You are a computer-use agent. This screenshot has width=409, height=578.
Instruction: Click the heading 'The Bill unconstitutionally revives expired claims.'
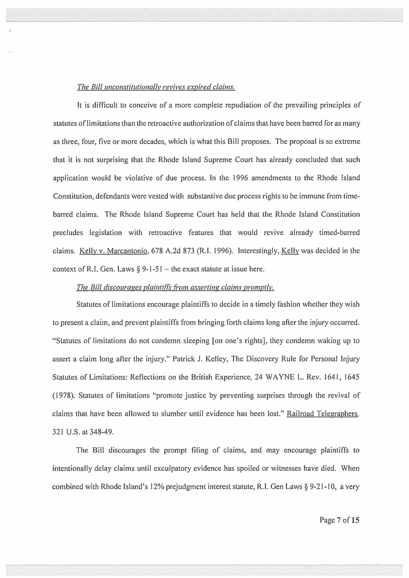(156, 87)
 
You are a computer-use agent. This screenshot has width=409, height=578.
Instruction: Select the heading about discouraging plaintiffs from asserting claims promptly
(175, 287)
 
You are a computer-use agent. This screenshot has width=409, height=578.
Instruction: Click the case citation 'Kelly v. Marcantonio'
(113, 251)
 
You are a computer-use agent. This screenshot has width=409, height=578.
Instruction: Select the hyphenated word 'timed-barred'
(339, 233)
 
